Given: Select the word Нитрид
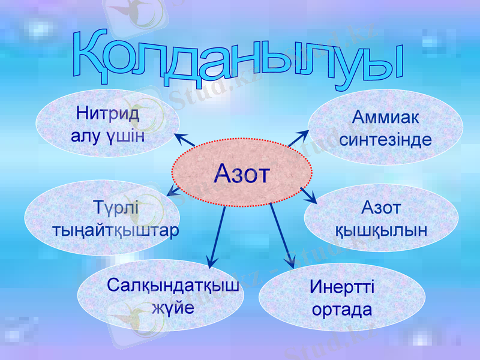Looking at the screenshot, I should (x=108, y=113).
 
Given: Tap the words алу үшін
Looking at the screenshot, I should (x=108, y=134).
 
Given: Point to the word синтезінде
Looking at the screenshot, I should (x=385, y=140).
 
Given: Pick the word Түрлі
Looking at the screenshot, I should (x=116, y=208).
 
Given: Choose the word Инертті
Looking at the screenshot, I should (x=342, y=286).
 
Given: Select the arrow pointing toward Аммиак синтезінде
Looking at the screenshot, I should (x=297, y=139).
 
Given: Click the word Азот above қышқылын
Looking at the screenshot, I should (x=381, y=208).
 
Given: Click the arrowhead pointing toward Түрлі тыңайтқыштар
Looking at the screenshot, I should (x=172, y=192).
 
